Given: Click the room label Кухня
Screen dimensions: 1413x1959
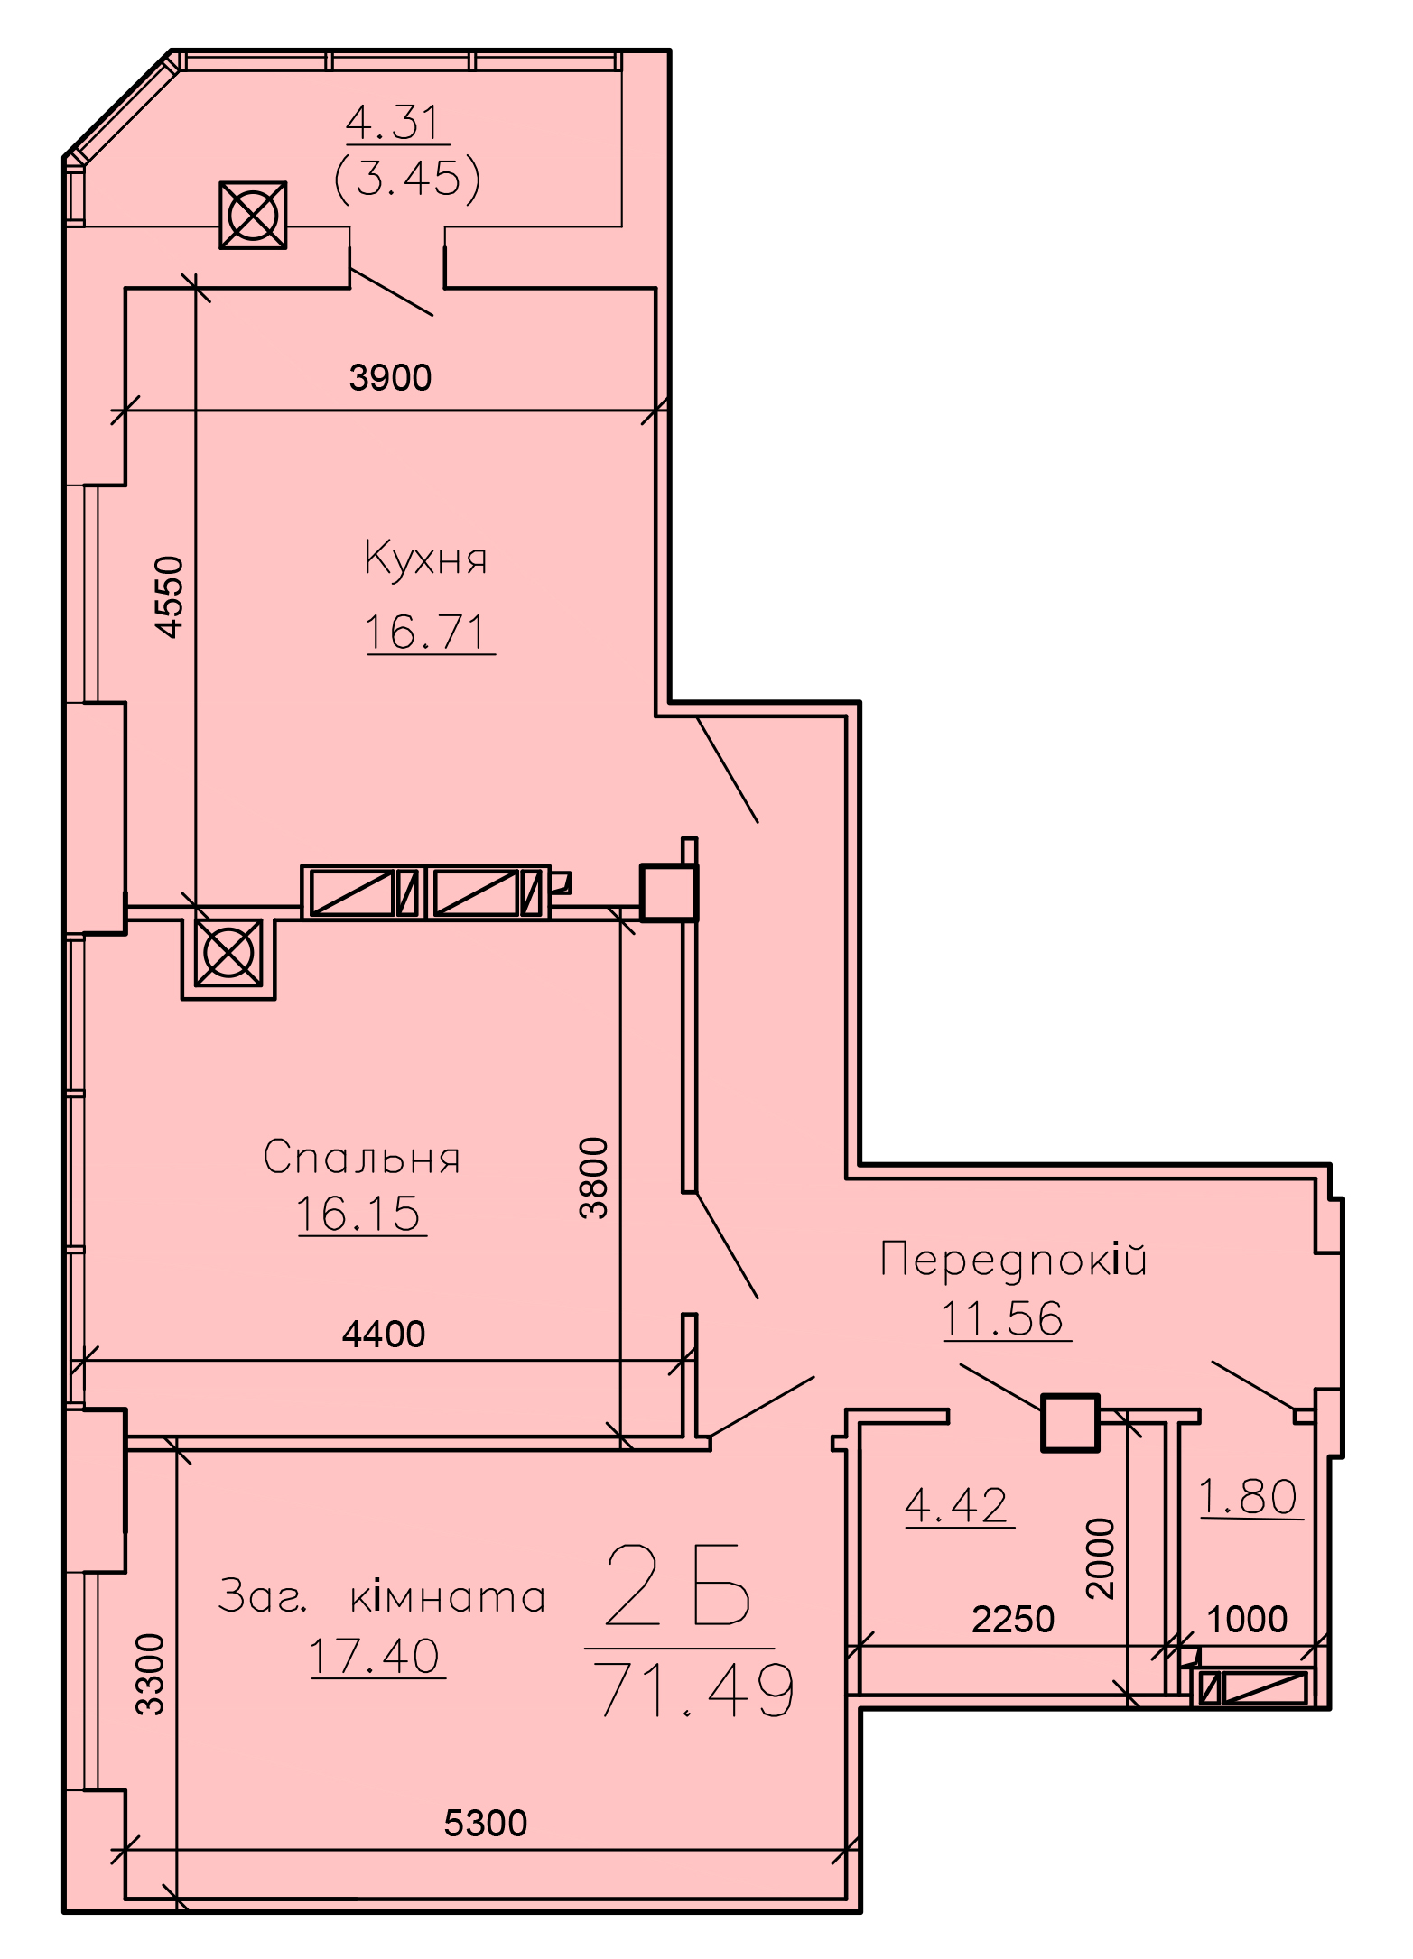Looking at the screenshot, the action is [425, 558].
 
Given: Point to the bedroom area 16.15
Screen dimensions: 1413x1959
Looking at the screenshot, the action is [358, 1213].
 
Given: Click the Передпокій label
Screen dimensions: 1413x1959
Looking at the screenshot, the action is [1013, 1260].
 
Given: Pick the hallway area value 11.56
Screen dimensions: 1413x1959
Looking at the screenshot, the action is [1003, 1318].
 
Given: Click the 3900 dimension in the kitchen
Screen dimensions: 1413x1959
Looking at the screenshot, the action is [390, 377].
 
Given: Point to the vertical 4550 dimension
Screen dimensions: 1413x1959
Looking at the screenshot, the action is [169, 596].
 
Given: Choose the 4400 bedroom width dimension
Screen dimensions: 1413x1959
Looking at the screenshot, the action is [384, 1334].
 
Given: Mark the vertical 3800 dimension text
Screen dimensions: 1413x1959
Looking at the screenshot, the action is [594, 1178].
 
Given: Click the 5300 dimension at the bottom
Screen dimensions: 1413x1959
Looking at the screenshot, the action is [486, 1823].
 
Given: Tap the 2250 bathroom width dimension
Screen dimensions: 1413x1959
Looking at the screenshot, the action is [1013, 1619].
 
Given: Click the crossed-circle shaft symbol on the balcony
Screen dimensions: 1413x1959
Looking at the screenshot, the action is [254, 215].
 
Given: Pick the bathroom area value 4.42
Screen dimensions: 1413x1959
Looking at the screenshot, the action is [957, 1505].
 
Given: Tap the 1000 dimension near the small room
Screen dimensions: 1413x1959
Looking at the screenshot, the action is [1247, 1619].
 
